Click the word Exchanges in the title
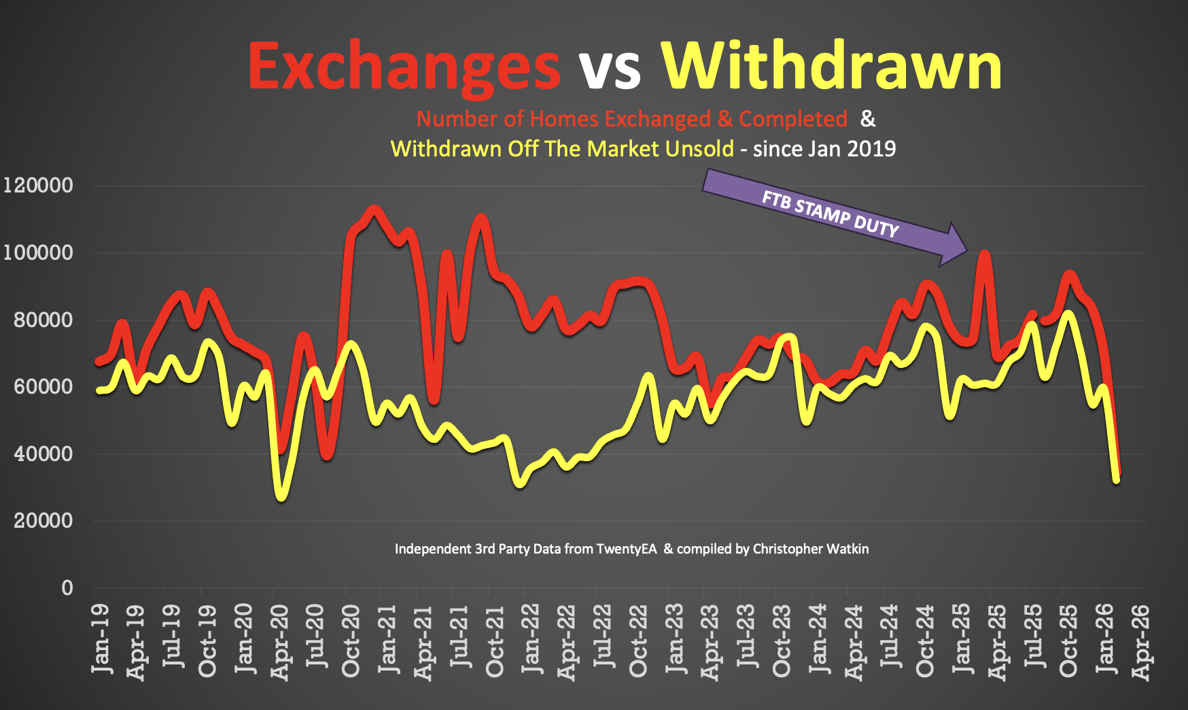point(404,67)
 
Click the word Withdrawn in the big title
point(831,65)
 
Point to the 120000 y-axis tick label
point(38,185)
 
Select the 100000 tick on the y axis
point(38,252)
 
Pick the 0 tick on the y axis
point(67,588)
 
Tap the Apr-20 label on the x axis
point(280,642)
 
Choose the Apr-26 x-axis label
point(1142,642)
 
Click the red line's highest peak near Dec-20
point(374,209)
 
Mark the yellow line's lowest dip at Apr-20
point(281,496)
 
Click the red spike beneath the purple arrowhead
point(984,255)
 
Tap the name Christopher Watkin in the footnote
point(810,549)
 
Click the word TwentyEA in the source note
point(626,549)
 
